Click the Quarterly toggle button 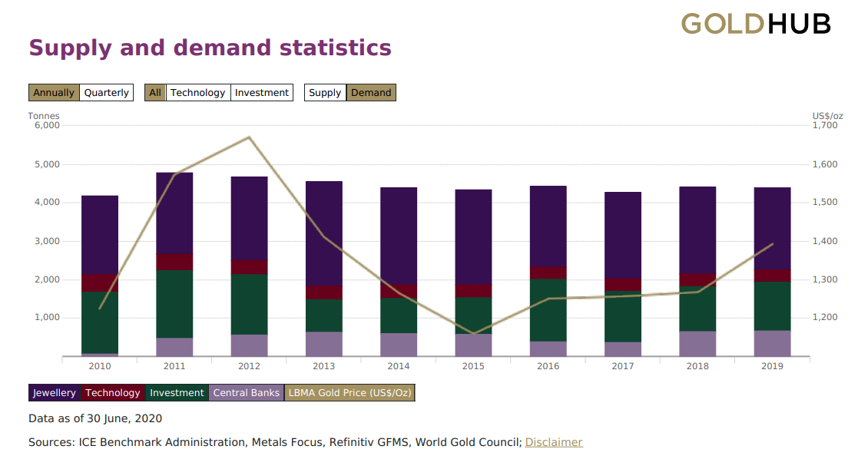pyautogui.click(x=106, y=93)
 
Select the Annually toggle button pyautogui.click(x=54, y=93)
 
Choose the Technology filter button pyautogui.click(x=198, y=93)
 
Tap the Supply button pyautogui.click(x=325, y=93)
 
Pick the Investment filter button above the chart pyautogui.click(x=262, y=93)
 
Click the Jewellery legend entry pyautogui.click(x=55, y=393)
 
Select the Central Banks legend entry pyautogui.click(x=247, y=393)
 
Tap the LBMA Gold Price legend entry pyautogui.click(x=349, y=393)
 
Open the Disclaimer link pyautogui.click(x=554, y=442)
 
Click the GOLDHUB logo pyautogui.click(x=756, y=24)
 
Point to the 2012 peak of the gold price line pyautogui.click(x=249, y=137)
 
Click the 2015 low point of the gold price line pyautogui.click(x=473, y=334)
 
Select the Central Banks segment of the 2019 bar pyautogui.click(x=772, y=343)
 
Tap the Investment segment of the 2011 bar pyautogui.click(x=174, y=303)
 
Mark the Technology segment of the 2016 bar pyautogui.click(x=548, y=272)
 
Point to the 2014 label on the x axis pyautogui.click(x=399, y=366)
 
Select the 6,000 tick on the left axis pyautogui.click(x=47, y=125)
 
